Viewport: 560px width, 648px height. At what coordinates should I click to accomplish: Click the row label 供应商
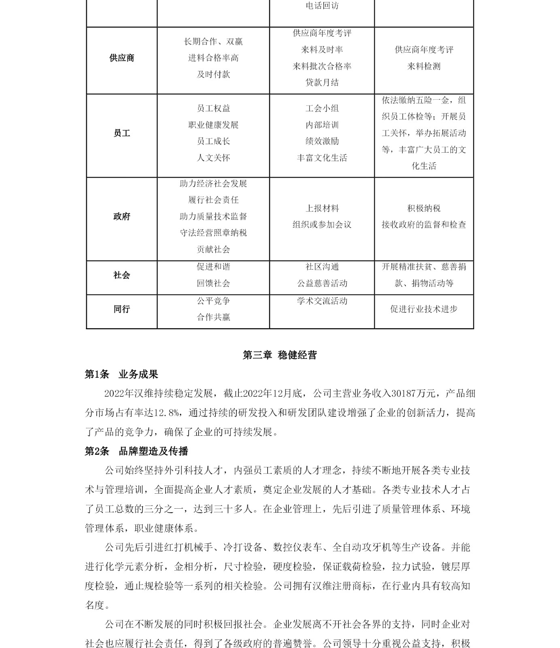tap(121, 58)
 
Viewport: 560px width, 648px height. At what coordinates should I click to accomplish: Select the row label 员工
tap(121, 133)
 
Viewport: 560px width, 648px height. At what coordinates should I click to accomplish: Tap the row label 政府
tap(121, 217)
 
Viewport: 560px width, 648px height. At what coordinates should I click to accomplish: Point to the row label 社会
tap(121, 275)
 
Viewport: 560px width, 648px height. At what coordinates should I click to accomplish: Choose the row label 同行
tap(121, 309)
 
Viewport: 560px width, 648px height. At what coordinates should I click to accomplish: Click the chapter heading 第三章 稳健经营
tap(279, 355)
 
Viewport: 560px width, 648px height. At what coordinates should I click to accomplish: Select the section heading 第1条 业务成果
tap(121, 375)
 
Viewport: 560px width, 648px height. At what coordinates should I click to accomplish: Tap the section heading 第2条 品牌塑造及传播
tap(136, 452)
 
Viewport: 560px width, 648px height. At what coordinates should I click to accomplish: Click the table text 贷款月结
tap(322, 83)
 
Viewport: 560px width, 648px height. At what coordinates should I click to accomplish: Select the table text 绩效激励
tap(322, 141)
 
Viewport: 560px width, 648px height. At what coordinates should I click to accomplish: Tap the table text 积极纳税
tap(424, 209)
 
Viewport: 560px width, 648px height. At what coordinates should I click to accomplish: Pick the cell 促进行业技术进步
tap(424, 309)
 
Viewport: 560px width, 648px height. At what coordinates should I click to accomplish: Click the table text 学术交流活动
tap(322, 301)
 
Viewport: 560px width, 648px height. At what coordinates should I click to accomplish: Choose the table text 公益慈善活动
tap(322, 283)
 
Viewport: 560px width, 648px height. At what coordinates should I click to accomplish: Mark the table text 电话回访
tap(322, 6)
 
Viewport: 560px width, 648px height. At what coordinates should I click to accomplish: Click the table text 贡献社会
tap(213, 249)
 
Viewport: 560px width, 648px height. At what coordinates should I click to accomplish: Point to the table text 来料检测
tap(424, 66)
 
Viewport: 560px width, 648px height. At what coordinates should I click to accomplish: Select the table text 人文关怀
tap(213, 158)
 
